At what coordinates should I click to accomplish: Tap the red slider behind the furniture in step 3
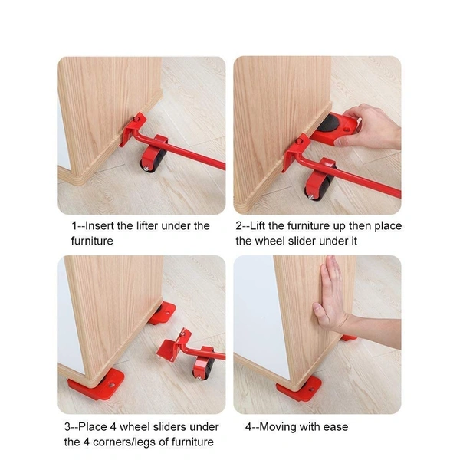pyautogui.click(x=163, y=312)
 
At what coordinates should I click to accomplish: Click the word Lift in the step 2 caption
pyautogui.click(x=264, y=226)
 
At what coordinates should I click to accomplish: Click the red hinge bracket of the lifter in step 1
pyautogui.click(x=138, y=123)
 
